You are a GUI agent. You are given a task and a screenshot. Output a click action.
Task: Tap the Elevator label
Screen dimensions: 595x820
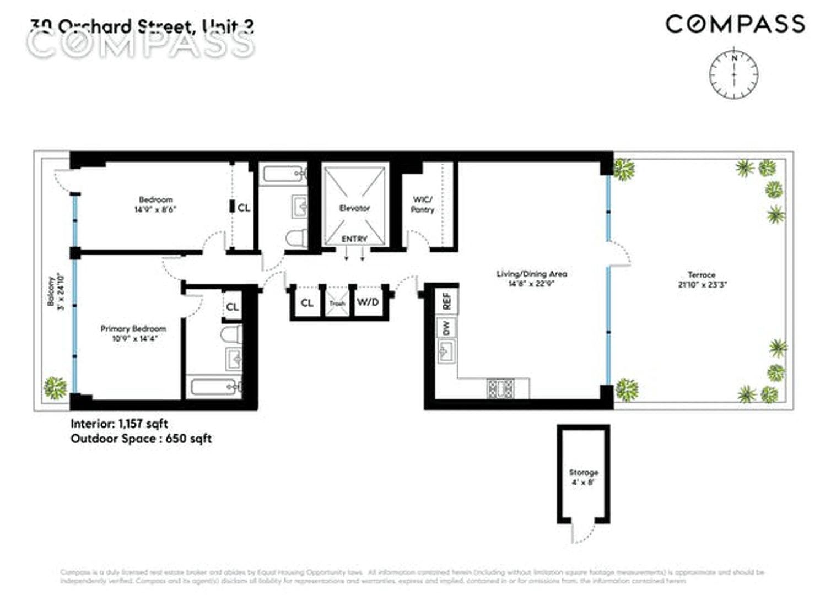(x=354, y=208)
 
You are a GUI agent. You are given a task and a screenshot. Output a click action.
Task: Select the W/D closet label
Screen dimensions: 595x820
(x=368, y=302)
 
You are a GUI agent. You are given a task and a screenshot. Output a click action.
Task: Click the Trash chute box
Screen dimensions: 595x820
(x=337, y=303)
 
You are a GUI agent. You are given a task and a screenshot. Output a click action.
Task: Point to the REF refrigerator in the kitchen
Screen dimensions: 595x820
(x=446, y=300)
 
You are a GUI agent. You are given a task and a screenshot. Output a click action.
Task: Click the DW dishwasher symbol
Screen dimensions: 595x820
(x=446, y=328)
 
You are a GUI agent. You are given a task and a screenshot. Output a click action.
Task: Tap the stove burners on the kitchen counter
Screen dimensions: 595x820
(x=500, y=388)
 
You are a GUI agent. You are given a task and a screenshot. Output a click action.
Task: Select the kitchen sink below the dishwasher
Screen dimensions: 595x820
(x=446, y=350)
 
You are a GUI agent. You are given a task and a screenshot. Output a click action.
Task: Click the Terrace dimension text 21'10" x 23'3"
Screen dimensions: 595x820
(x=701, y=285)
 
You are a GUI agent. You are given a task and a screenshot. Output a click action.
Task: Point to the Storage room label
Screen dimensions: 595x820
(x=583, y=473)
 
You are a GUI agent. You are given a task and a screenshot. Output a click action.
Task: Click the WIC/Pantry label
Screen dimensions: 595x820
(x=423, y=204)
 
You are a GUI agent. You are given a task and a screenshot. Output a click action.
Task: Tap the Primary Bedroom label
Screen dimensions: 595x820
(x=133, y=329)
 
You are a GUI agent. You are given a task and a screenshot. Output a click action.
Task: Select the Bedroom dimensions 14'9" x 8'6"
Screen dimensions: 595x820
(x=155, y=209)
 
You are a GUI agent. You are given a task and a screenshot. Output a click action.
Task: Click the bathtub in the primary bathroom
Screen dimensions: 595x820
(x=215, y=386)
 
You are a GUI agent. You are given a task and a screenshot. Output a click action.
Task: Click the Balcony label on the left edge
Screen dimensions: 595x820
(x=51, y=292)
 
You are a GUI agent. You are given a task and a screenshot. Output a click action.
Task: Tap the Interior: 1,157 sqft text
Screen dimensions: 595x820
(x=119, y=424)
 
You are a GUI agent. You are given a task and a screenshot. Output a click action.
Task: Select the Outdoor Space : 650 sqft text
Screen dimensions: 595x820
(x=141, y=439)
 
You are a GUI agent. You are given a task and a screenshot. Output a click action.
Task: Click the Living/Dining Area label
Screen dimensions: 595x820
(x=531, y=274)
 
